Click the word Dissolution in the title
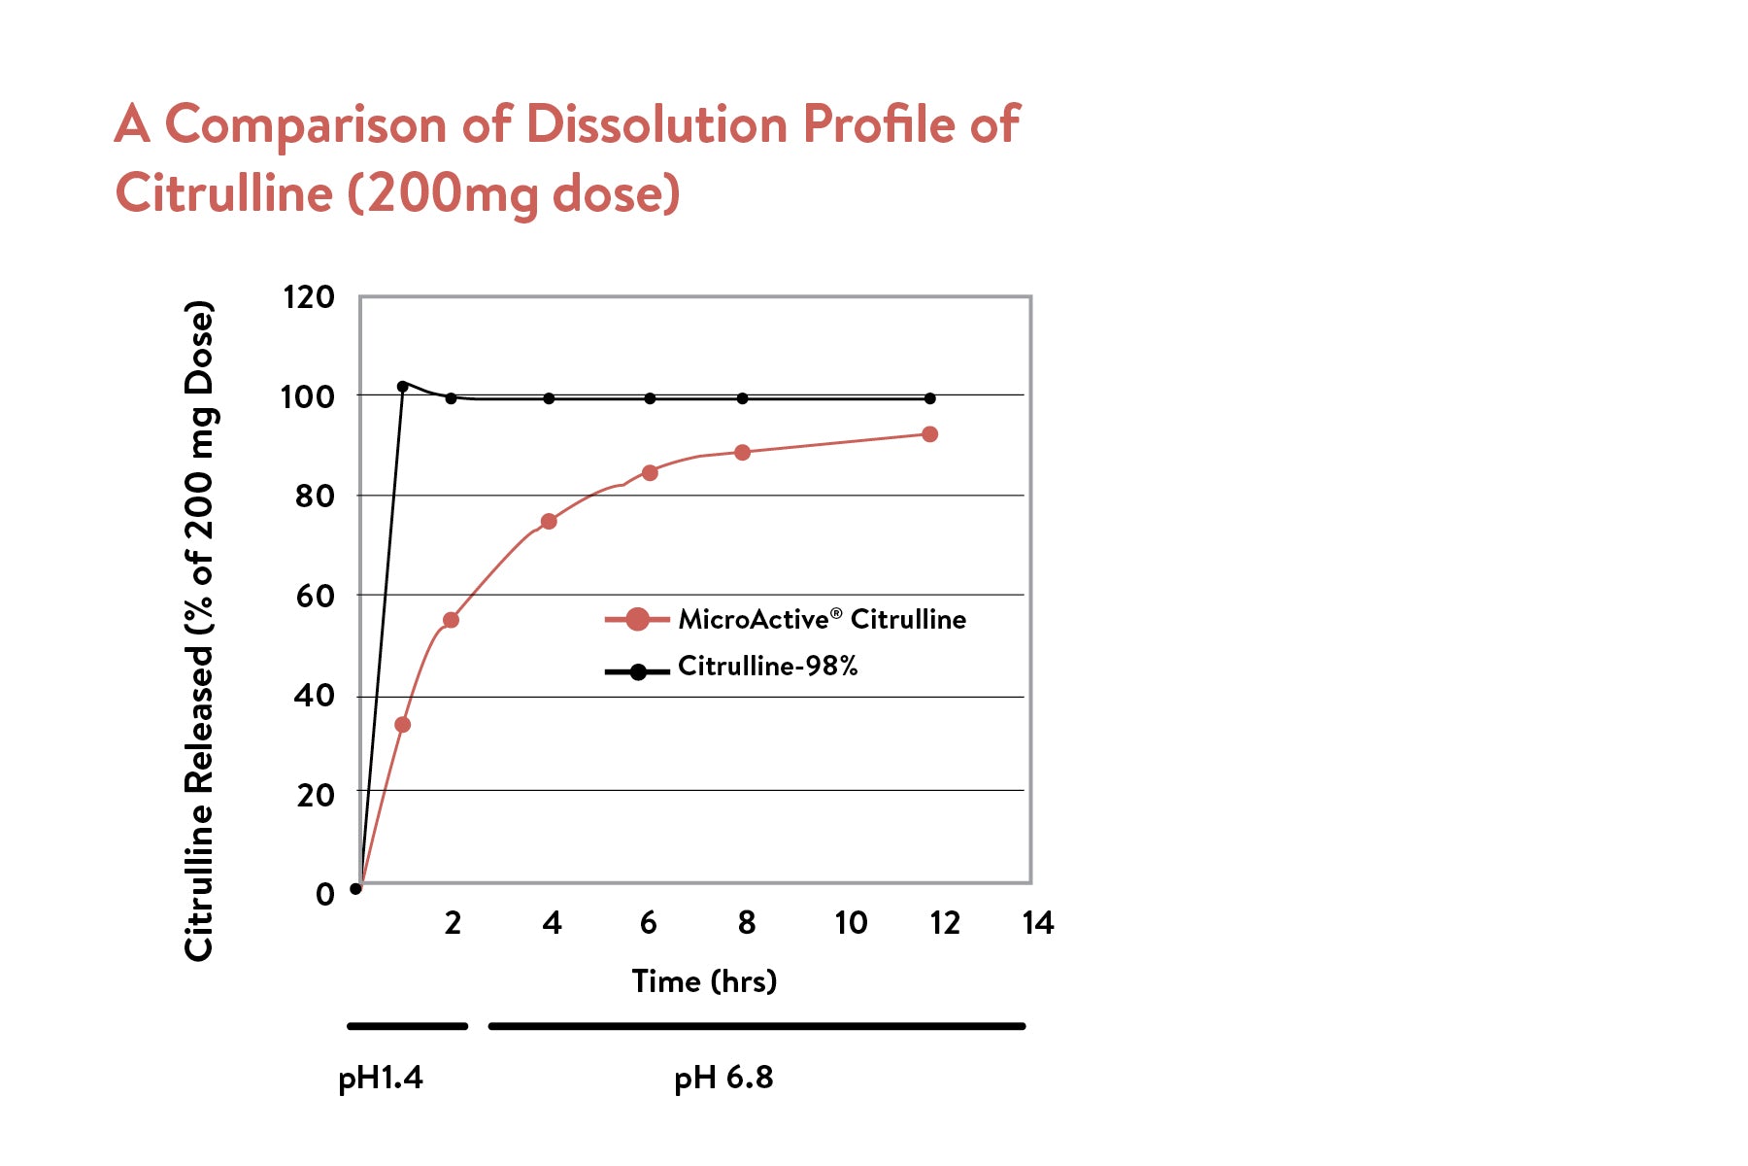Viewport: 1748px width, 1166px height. [656, 124]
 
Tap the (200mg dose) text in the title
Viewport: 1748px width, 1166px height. [514, 193]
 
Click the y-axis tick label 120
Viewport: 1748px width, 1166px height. [308, 296]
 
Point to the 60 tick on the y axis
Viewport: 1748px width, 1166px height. [314, 596]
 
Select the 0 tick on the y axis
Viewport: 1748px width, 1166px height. [325, 894]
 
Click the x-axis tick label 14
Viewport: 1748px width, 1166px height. [1037, 922]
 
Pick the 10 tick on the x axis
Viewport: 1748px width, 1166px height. [851, 922]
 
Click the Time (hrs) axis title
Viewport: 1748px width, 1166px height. [704, 981]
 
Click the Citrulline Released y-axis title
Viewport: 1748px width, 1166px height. [199, 632]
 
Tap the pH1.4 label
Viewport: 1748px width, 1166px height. [381, 1078]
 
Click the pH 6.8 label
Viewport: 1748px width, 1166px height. [723, 1078]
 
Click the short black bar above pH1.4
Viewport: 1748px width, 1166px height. [408, 1026]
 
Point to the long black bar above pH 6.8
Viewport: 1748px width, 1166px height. [756, 1026]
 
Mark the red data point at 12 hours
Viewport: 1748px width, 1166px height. [929, 434]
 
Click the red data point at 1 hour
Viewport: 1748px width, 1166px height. [403, 725]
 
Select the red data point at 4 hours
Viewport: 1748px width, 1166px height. [549, 522]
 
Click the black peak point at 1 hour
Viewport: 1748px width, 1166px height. [403, 387]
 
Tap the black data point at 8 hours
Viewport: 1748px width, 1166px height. [743, 398]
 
